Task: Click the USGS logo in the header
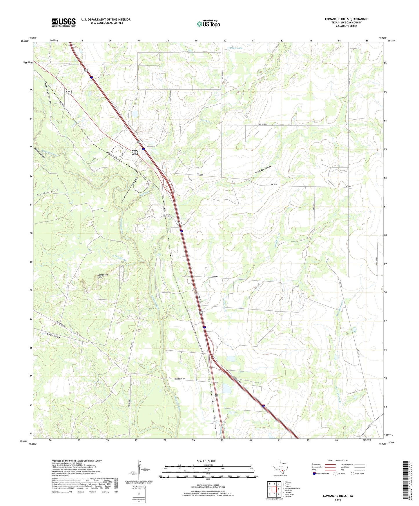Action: [64, 22]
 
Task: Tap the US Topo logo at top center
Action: [208, 24]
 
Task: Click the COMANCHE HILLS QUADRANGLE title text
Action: [346, 19]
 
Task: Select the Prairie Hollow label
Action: [48, 193]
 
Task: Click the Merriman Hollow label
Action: [48, 92]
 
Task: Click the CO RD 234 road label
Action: [263, 124]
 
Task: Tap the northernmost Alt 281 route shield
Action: [69, 92]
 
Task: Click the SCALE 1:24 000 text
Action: [206, 461]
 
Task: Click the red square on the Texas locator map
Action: [282, 474]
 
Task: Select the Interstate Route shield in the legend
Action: [314, 474]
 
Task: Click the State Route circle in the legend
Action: [353, 474]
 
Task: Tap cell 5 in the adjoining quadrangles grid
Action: [278, 489]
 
